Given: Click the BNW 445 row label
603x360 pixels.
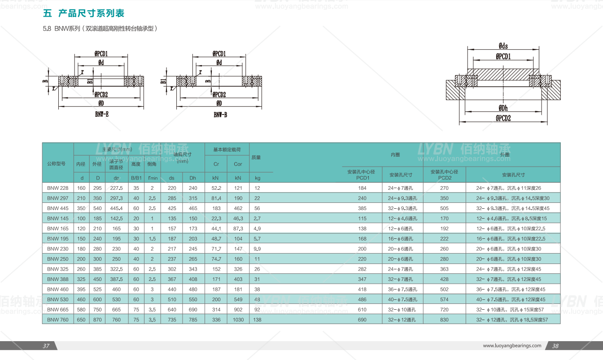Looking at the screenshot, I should [58, 208].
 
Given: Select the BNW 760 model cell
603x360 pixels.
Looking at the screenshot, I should [58, 320].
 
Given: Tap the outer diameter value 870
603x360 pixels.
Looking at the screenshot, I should [97, 320].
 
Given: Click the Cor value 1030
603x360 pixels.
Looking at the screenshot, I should [238, 320].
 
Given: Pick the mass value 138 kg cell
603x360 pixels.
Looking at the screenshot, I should [257, 320].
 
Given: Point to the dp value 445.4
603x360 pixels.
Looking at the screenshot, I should [116, 208].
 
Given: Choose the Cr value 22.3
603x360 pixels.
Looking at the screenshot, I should [216, 219].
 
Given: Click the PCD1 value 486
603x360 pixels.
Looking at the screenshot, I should [362, 299].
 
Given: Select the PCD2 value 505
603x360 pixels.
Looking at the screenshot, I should [444, 208].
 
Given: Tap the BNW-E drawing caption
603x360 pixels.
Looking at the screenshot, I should [102, 114].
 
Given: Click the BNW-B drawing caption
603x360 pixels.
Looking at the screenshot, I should [220, 115].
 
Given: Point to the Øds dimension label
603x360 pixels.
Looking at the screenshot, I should [503, 46].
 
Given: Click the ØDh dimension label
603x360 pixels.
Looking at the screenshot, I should [503, 108].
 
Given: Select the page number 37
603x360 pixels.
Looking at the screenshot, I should [46, 346].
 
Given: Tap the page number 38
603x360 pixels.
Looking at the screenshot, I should [555, 346].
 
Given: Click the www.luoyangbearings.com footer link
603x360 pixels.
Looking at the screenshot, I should [512, 346].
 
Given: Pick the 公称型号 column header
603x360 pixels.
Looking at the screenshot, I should [57, 163].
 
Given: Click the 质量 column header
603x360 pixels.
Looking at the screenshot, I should [256, 158].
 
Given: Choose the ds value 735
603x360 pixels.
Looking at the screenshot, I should [171, 320].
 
